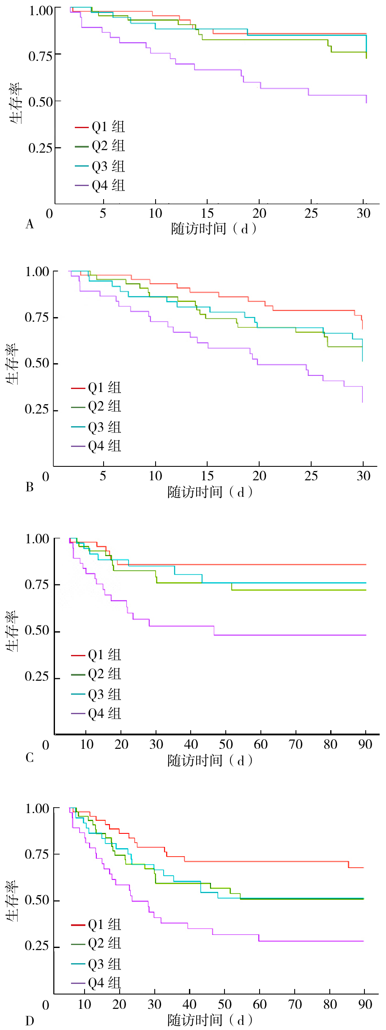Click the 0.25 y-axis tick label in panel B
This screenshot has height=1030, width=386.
[x=36, y=409]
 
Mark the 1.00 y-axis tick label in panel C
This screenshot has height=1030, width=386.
[x=37, y=539]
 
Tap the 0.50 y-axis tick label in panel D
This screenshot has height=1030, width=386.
[x=36, y=900]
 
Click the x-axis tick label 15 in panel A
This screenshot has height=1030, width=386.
[x=207, y=213]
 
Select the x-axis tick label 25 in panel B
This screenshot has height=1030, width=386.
[x=311, y=476]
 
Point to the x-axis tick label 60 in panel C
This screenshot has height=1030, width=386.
[x=260, y=744]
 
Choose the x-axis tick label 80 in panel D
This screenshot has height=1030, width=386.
[x=330, y=1004]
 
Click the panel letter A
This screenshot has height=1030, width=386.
[x=30, y=224]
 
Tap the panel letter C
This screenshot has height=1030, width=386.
[x=30, y=757]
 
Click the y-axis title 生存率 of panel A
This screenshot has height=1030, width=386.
[x=16, y=103]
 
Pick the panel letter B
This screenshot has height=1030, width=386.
[x=30, y=487]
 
